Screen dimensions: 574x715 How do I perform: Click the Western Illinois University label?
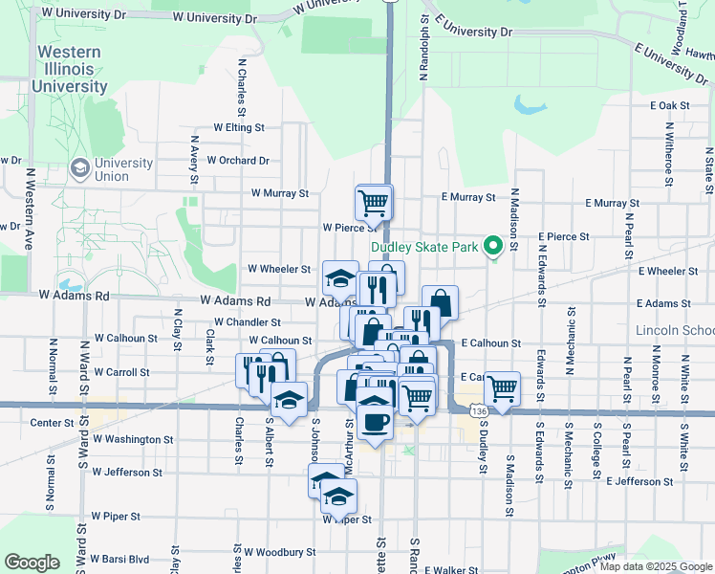[x=69, y=69]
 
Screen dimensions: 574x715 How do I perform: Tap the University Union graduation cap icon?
[x=80, y=169]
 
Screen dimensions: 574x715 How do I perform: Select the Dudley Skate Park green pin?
[x=493, y=247]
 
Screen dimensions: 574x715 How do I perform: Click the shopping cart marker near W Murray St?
[x=373, y=202]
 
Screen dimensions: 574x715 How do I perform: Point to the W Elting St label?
[x=238, y=126]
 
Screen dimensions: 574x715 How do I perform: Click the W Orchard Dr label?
[x=237, y=161]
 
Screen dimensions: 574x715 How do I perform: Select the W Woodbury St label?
[x=279, y=552]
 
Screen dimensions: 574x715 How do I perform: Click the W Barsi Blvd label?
[x=120, y=559]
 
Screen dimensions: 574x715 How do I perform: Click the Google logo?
[x=32, y=563]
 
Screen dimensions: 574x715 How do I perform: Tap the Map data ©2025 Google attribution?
[x=655, y=566]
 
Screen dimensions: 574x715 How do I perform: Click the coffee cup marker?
[x=374, y=420]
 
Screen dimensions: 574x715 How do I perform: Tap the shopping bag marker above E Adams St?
[x=440, y=302]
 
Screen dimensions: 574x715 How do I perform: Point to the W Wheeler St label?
[x=279, y=270]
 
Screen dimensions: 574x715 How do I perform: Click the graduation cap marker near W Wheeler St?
[x=340, y=277]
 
